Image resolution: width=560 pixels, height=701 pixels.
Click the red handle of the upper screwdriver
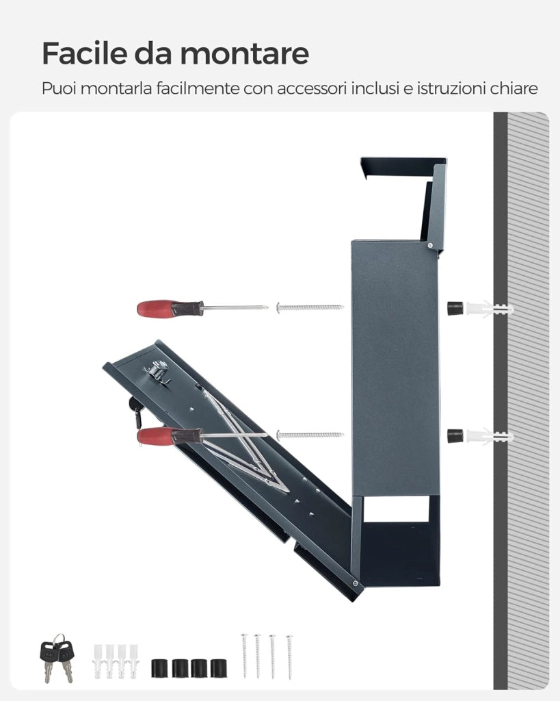(x=155, y=309)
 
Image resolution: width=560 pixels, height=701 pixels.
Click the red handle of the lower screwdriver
(x=155, y=435)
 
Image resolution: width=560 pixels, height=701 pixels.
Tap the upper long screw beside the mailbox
(x=310, y=307)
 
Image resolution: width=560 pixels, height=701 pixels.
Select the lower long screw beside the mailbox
(x=310, y=435)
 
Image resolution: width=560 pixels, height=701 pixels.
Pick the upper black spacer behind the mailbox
(x=455, y=309)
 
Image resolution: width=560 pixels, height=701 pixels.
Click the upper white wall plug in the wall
(x=489, y=309)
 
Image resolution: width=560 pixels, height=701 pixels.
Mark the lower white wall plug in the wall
(x=489, y=436)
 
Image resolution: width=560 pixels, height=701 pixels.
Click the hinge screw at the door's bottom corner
(x=355, y=583)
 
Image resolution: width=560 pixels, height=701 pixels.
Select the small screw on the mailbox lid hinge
(x=430, y=244)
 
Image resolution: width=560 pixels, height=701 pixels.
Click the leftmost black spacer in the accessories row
(x=159, y=668)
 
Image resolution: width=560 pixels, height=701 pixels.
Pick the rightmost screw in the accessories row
(x=289, y=657)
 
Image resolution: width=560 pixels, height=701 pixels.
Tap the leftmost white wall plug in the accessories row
(x=98, y=661)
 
